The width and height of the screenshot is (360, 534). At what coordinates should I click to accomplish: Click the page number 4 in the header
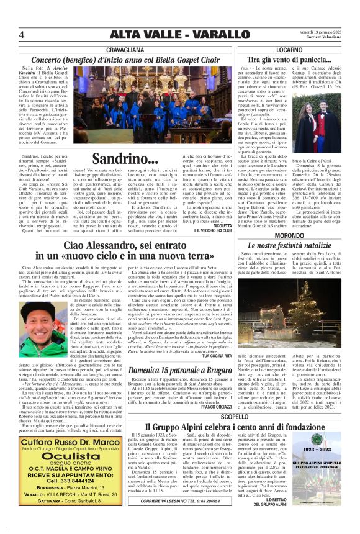click(x=22, y=35)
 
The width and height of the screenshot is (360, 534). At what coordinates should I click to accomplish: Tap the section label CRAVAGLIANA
click(x=125, y=48)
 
